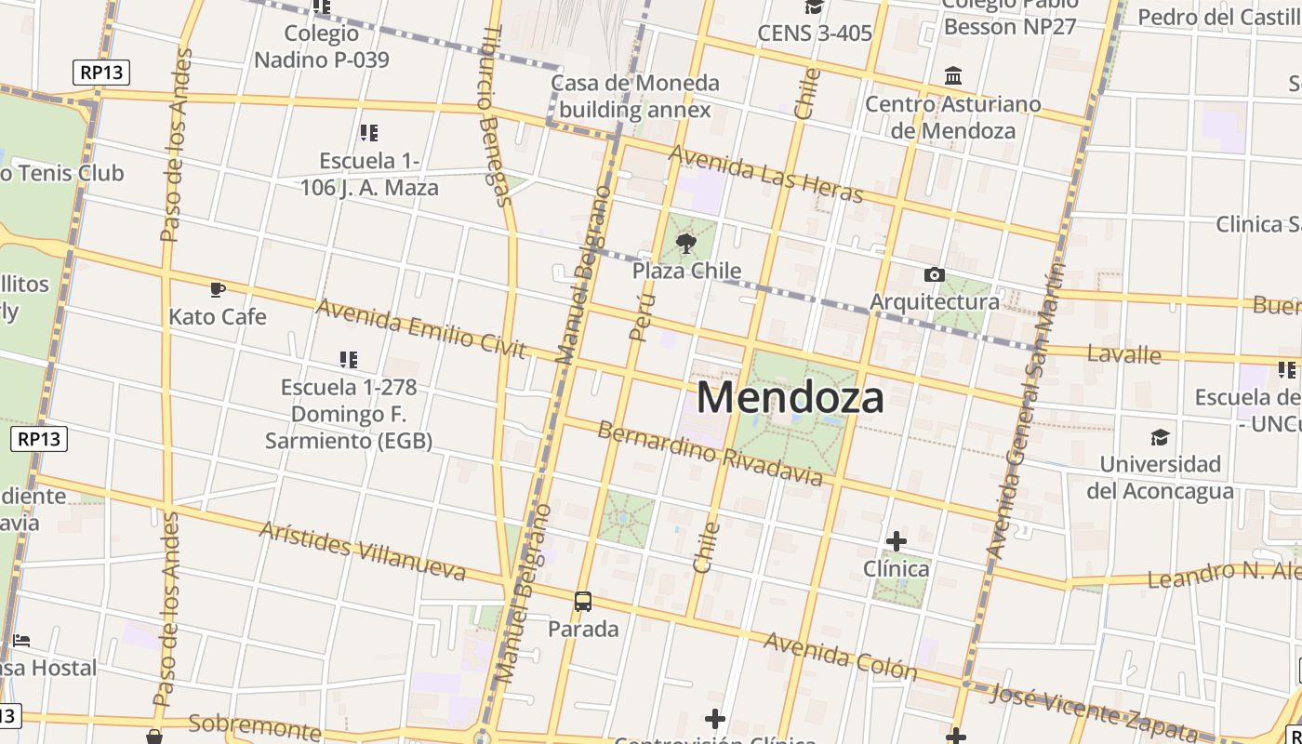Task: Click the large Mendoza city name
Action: click(x=790, y=398)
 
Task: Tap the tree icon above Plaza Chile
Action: click(x=686, y=245)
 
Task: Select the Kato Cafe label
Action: click(x=218, y=317)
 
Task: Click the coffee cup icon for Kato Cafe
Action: click(x=218, y=290)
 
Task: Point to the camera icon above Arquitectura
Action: click(x=934, y=274)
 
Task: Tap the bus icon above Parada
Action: click(x=583, y=602)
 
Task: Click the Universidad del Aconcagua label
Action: click(x=1160, y=477)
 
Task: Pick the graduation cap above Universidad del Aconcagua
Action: click(x=1160, y=437)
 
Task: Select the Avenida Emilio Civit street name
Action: click(x=421, y=328)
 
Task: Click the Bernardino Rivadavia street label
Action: click(x=710, y=453)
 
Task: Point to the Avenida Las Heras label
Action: click(x=765, y=174)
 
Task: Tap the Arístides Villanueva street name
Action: click(x=362, y=551)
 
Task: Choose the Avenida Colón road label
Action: click(x=840, y=655)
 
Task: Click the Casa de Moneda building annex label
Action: click(x=635, y=97)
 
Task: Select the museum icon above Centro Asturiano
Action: click(x=953, y=75)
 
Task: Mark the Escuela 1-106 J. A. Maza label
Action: click(x=369, y=174)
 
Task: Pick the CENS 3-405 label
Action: click(x=815, y=33)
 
